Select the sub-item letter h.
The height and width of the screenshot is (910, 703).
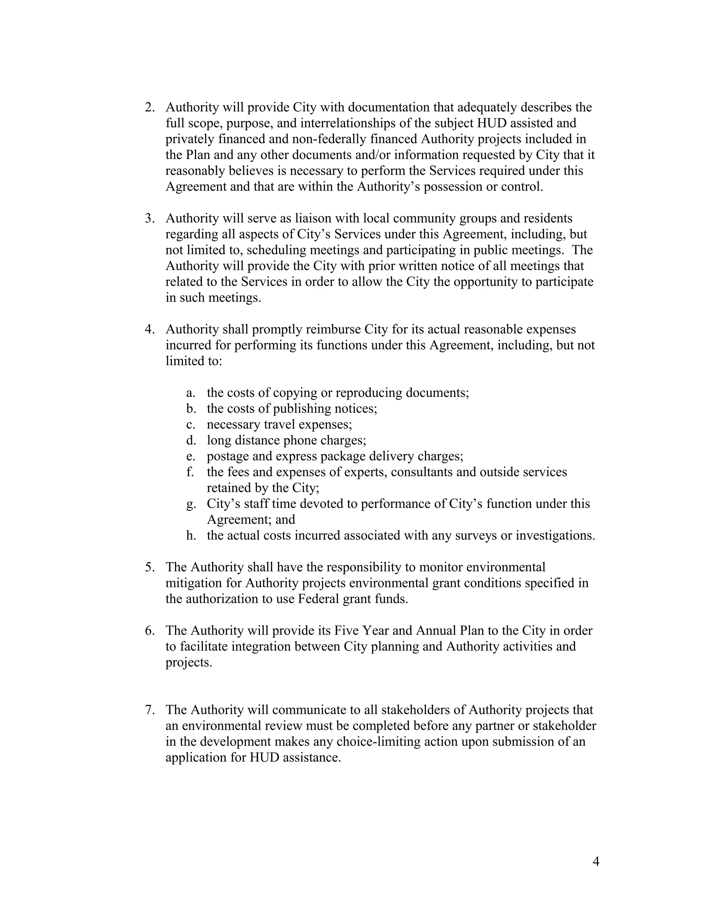pyautogui.click(x=191, y=535)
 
